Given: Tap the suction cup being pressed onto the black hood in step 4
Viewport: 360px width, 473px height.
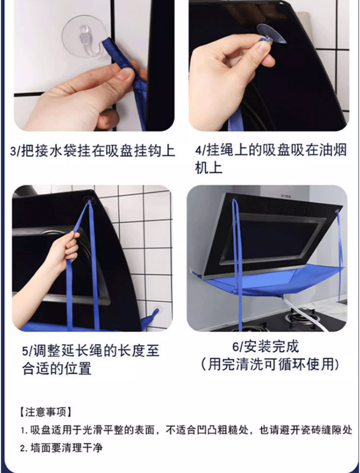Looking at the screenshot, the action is click(271, 34).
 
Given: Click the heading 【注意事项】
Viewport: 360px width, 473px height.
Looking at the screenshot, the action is click(46, 412).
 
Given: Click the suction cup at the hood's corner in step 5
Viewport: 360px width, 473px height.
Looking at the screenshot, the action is click(90, 199).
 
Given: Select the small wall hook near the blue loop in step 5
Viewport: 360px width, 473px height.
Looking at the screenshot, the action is click(156, 311).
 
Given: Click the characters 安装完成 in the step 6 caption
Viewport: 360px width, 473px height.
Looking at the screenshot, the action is click(271, 347).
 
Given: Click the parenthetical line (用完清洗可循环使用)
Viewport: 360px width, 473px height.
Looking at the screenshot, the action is click(270, 364).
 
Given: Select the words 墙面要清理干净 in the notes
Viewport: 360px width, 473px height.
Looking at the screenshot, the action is click(66, 448).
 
